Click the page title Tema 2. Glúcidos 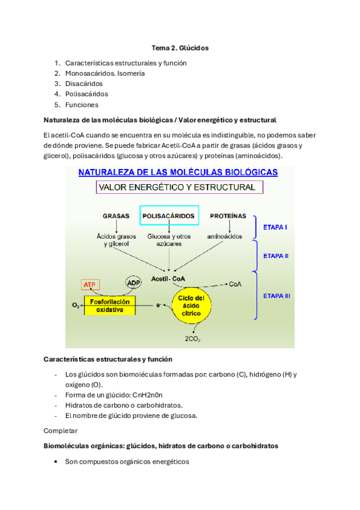(180, 48)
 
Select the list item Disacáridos (84, 84)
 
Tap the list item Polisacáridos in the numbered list (87, 94)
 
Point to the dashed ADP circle (133, 283)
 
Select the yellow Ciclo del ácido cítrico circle (191, 307)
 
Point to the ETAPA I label (276, 227)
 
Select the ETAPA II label (276, 256)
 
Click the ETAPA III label (277, 295)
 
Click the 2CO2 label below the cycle (192, 339)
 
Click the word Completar (61, 431)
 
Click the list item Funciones (81, 105)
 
